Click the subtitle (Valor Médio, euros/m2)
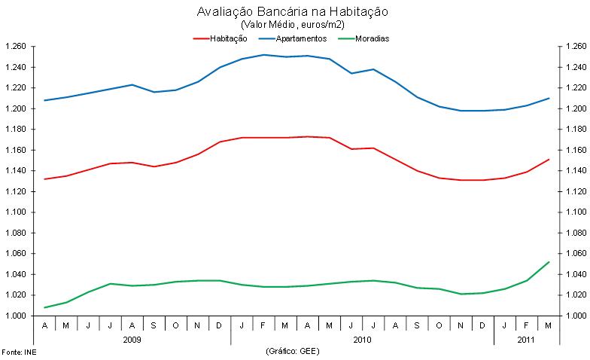click(292, 24)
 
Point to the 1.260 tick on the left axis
click(15, 47)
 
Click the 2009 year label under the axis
click(132, 340)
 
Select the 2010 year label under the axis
click(362, 340)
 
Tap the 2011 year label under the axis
click(525, 340)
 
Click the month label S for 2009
click(154, 326)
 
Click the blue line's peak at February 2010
click(263, 54)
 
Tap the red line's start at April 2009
click(45, 179)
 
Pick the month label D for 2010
click(482, 326)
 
